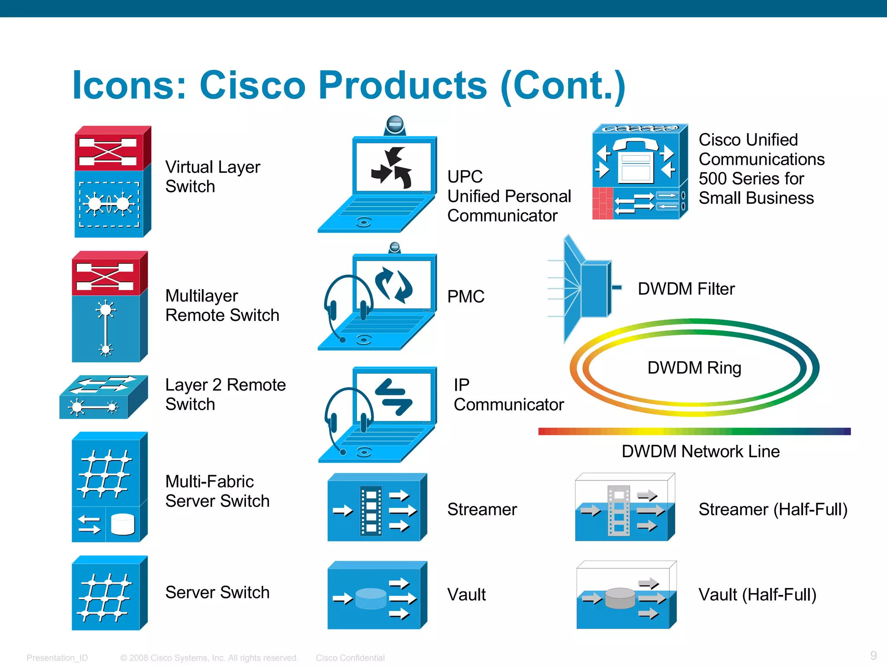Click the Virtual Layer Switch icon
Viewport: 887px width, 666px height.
coord(112,182)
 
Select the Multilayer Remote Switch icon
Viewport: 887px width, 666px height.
coord(109,307)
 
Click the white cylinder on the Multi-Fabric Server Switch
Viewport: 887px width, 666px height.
coord(123,524)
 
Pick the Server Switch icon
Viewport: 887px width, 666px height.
coord(109,593)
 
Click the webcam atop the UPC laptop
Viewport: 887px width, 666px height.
coord(395,125)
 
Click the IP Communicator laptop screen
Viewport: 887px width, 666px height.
coord(393,395)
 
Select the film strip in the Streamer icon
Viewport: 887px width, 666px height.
coord(372,511)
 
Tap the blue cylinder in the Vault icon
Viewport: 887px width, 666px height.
coord(371,598)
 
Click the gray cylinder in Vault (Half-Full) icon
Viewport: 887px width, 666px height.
coord(620,598)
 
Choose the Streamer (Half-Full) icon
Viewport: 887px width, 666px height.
coord(625,507)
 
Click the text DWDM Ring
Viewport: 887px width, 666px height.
coord(694,368)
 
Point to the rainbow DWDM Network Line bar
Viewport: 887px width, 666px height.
coord(694,431)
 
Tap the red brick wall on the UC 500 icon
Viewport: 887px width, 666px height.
coord(602,203)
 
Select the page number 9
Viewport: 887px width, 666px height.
coord(873,655)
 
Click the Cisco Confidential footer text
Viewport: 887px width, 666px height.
coord(350,658)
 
